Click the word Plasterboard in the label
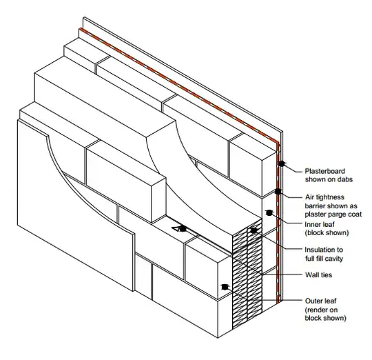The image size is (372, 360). point(324,171)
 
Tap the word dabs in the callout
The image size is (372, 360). point(344,179)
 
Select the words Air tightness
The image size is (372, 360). point(324,197)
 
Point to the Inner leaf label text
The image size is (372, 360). point(320,224)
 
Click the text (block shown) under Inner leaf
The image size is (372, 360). point(327,232)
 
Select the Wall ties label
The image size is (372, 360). point(319,274)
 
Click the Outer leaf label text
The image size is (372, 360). point(320,301)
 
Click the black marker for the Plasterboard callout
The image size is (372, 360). point(281,163)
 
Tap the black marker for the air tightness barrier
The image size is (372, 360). point(278,191)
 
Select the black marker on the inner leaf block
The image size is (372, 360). point(269,213)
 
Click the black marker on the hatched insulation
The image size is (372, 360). point(254,230)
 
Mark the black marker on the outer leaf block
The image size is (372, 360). point(225,287)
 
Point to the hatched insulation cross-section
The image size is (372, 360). point(247,273)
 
